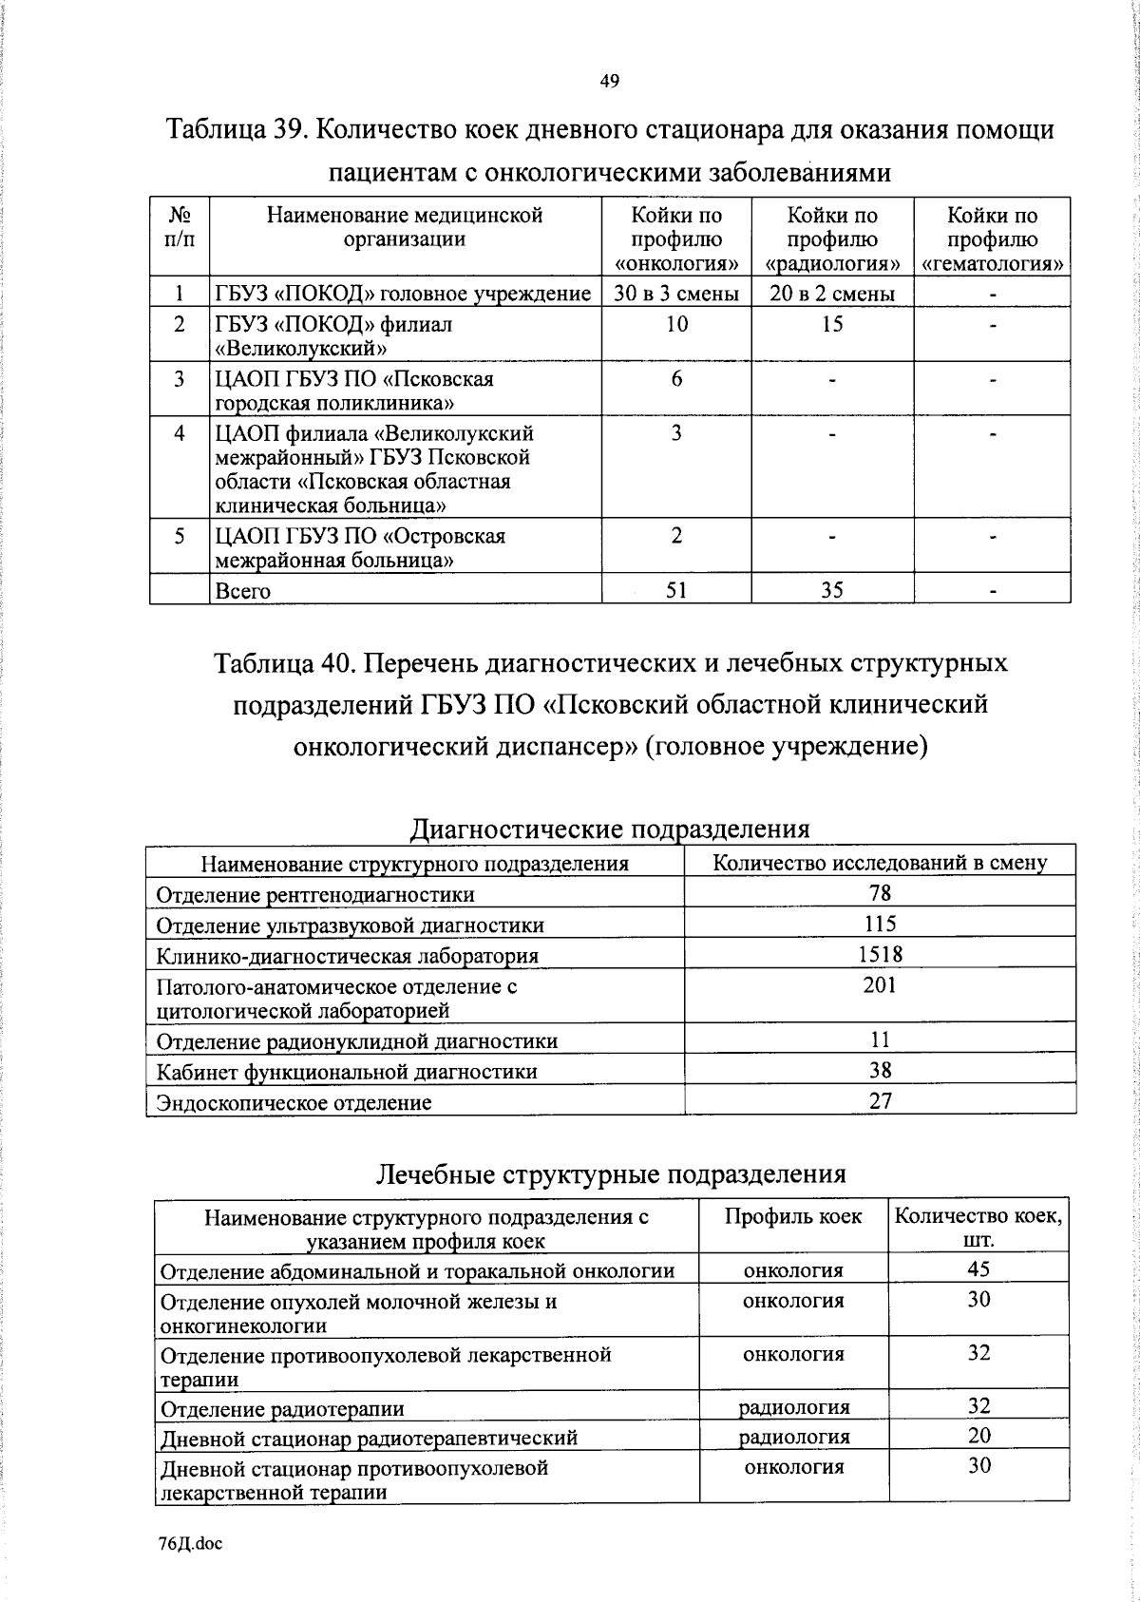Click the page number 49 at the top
[x=610, y=82]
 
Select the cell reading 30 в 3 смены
[x=675, y=294]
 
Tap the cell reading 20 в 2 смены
[x=832, y=294]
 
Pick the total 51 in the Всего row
[x=675, y=590]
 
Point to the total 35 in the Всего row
[x=832, y=590]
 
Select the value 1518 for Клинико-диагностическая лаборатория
[x=881, y=955]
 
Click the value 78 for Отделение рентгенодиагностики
[x=881, y=893]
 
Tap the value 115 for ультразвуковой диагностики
[x=881, y=925]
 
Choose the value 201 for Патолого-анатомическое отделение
[x=881, y=986]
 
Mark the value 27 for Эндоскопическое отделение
[x=881, y=1102]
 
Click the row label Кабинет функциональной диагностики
[x=347, y=1072]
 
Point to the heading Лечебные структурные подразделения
[x=611, y=1174]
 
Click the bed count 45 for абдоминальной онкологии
[x=978, y=1269]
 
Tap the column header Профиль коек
[x=793, y=1216]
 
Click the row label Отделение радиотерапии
[x=282, y=1408]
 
